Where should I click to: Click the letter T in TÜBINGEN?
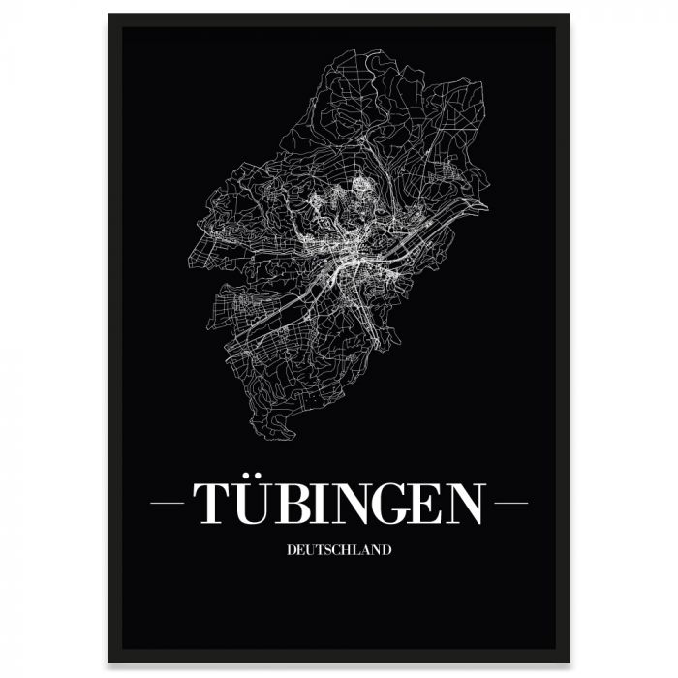[x=212, y=504]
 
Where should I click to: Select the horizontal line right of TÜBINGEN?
[x=510, y=504]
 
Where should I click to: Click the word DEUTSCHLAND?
[x=339, y=550]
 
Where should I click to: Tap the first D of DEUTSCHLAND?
[x=291, y=550]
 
